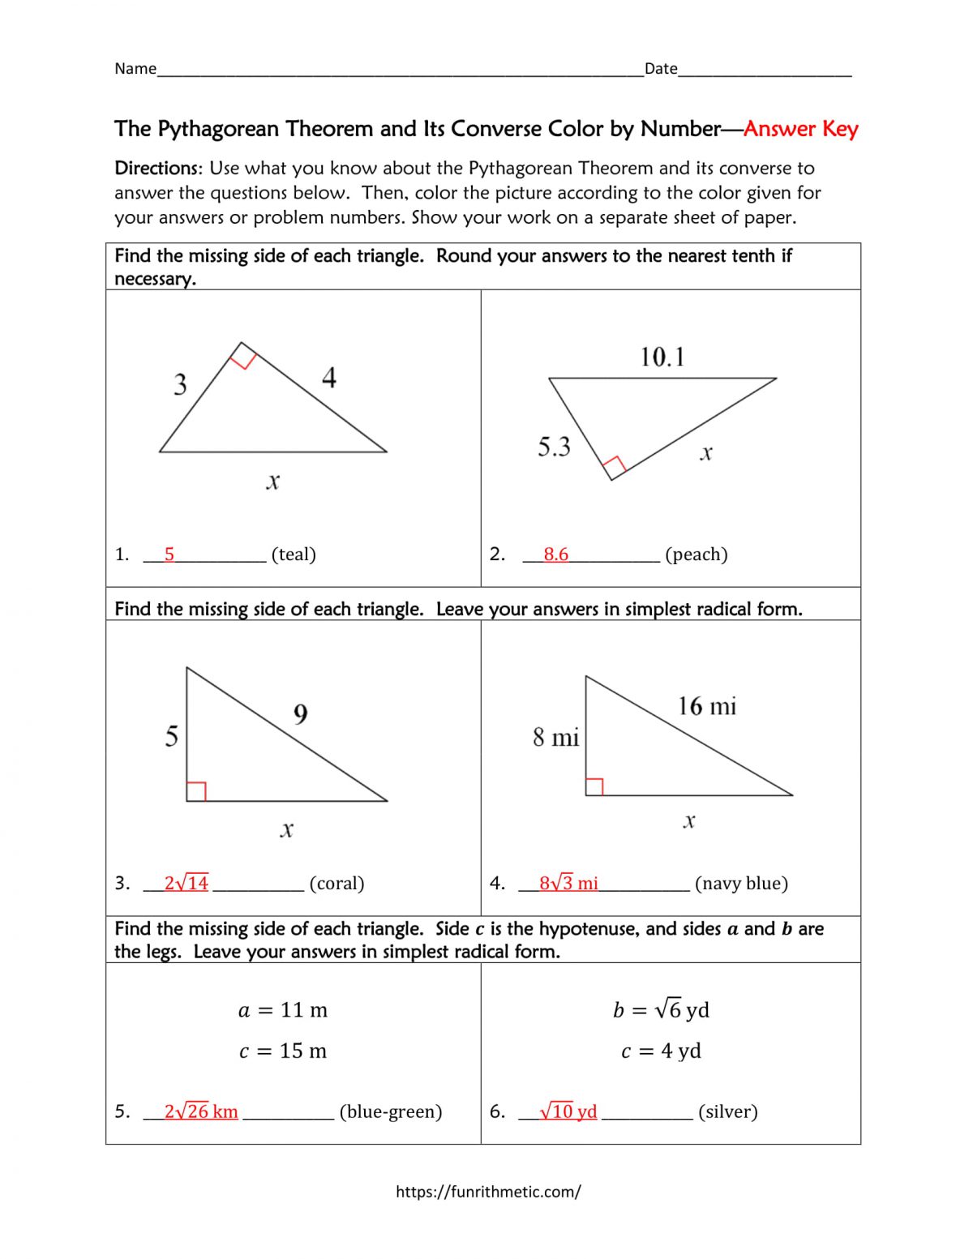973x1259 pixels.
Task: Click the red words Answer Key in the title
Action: click(800, 129)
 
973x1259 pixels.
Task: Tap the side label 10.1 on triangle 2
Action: click(662, 358)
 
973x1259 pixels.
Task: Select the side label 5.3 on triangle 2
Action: click(554, 447)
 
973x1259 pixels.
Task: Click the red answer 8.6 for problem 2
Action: click(555, 555)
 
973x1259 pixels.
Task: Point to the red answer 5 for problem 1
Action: click(169, 555)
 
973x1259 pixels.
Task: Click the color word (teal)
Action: click(294, 555)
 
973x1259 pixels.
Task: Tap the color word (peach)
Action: click(696, 555)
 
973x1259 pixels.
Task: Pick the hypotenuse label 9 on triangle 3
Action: click(300, 714)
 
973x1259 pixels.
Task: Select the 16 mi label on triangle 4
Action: click(707, 706)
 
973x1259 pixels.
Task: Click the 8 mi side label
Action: click(555, 738)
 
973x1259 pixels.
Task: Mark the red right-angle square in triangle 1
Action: click(243, 356)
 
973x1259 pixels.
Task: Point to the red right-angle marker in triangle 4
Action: click(594, 786)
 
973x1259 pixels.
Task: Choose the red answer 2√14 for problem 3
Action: click(186, 883)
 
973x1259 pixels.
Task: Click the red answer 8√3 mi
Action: click(568, 883)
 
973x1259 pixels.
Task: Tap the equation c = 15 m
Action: click(283, 1051)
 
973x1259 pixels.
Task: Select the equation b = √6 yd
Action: click(661, 1009)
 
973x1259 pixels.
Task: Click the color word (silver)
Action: click(727, 1111)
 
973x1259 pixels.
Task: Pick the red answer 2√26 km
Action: click(201, 1111)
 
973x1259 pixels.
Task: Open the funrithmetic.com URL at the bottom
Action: click(488, 1191)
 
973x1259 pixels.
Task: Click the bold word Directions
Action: click(157, 169)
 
